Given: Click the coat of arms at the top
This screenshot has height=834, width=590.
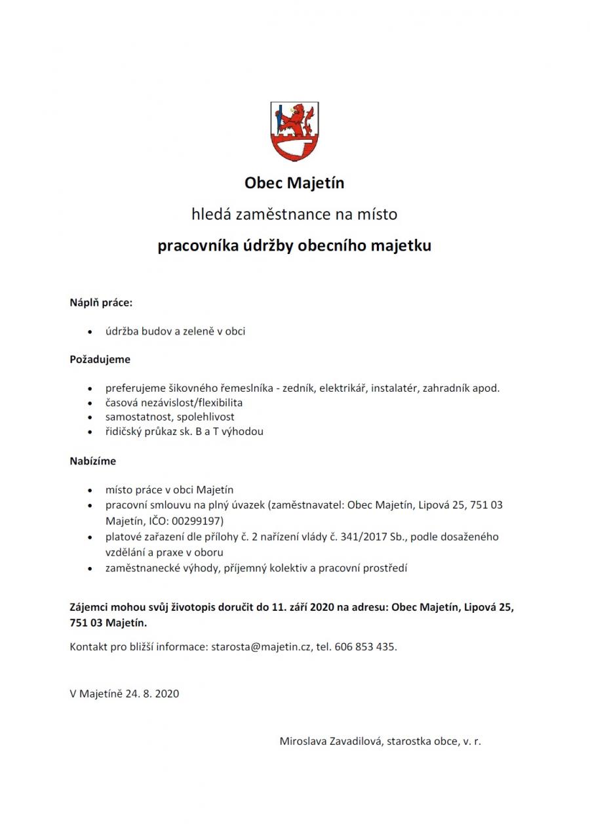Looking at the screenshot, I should point(294,131).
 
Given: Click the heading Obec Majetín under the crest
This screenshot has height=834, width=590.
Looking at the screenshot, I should point(294,182).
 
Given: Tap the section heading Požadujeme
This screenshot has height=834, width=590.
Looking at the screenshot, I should point(100,360).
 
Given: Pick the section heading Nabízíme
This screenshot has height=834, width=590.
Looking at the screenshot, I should point(93,461).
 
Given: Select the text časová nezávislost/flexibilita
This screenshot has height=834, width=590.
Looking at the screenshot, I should point(174,402).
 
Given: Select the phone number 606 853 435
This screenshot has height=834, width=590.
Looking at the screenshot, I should point(364,646).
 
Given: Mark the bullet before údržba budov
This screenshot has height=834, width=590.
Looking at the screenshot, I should point(90,332).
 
